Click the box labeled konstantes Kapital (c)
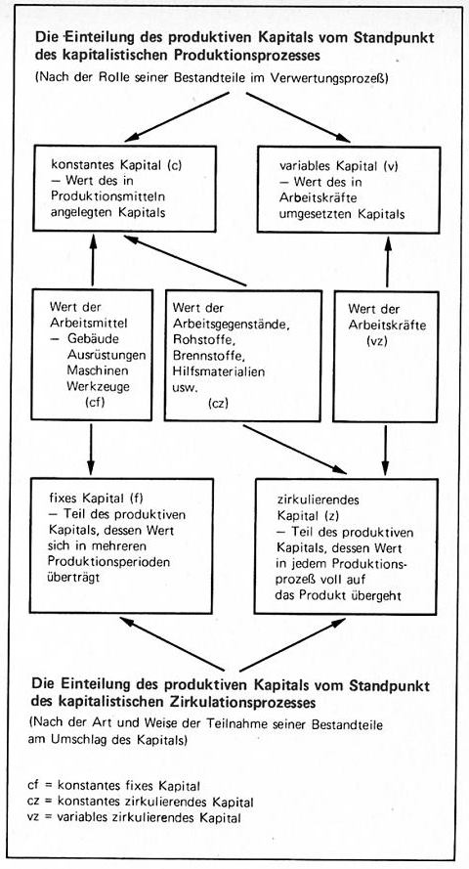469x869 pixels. (125, 188)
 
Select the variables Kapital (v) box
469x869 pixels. (349, 190)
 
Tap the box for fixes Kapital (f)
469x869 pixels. (121, 544)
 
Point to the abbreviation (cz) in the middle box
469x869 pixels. (216, 403)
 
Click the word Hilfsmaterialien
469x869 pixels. (218, 370)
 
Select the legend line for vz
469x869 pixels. (134, 817)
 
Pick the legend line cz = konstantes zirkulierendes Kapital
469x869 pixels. (140, 802)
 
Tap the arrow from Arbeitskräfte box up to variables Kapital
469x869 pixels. (387, 262)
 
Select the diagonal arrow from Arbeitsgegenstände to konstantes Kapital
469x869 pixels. (185, 260)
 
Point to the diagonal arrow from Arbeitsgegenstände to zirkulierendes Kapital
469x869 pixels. (294, 449)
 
